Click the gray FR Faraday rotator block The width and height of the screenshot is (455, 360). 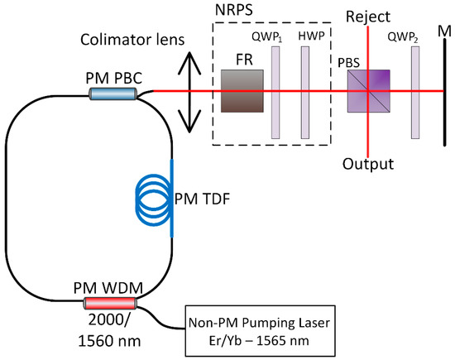click(x=242, y=91)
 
